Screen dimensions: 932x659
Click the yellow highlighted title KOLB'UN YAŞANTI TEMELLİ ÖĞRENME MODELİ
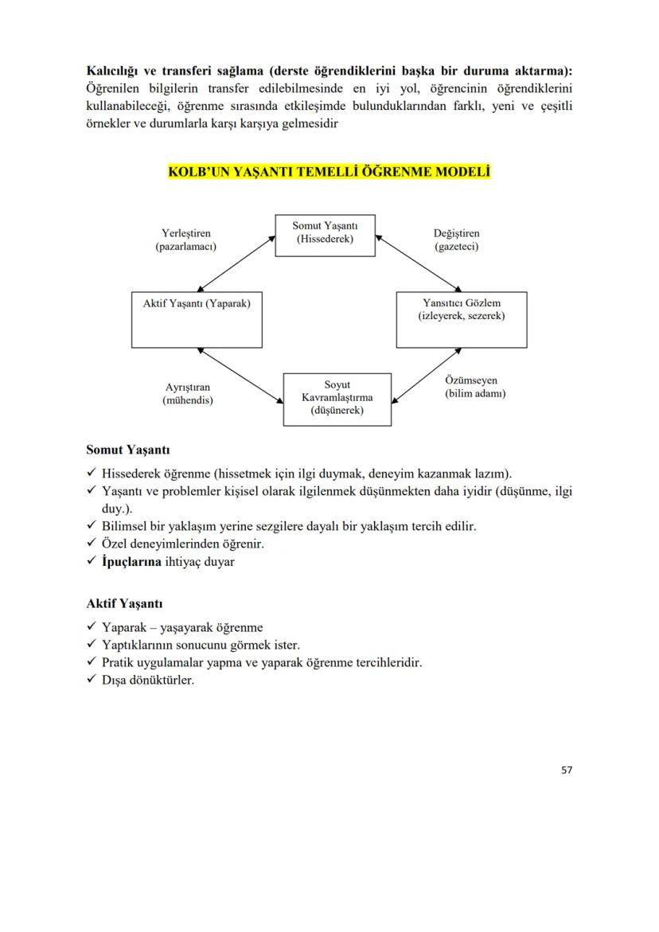[329, 172]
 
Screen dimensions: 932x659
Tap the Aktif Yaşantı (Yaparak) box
[197, 320]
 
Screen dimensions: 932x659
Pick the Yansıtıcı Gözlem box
[462, 320]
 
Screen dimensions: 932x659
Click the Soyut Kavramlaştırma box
[337, 399]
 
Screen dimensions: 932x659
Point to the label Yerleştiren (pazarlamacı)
[185, 240]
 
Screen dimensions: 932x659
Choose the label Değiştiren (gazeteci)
[456, 240]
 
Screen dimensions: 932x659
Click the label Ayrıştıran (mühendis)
[187, 394]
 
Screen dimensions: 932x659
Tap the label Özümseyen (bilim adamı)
[475, 388]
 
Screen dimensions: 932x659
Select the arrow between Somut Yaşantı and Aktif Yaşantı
[236, 263]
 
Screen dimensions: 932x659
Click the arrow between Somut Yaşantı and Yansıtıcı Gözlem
[419, 263]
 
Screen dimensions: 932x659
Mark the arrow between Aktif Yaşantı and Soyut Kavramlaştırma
[241, 375]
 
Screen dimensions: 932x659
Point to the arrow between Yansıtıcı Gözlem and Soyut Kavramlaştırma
[427, 375]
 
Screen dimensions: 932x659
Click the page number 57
[567, 770]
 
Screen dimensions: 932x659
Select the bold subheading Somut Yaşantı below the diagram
[127, 450]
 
